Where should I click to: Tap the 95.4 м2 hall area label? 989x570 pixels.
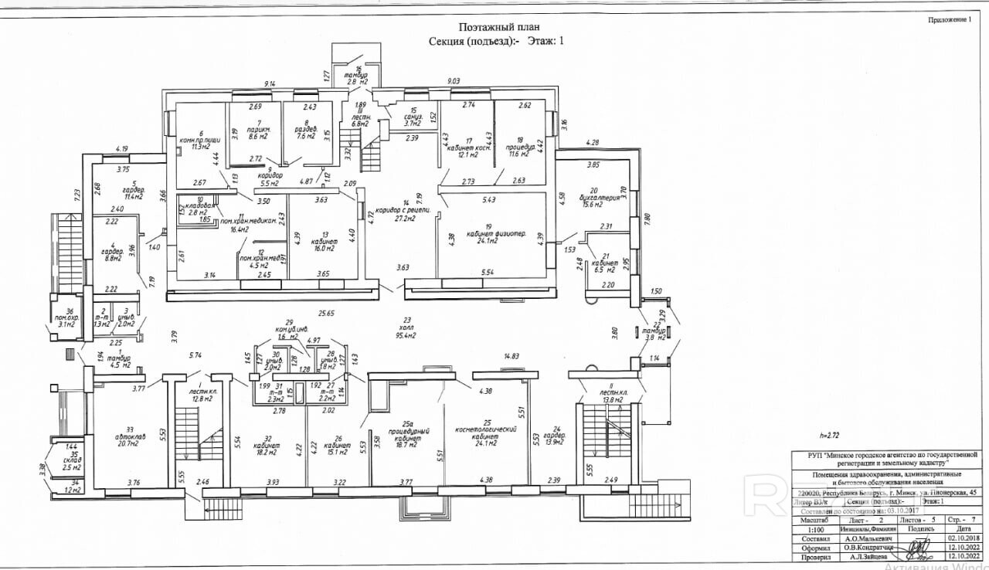[x=405, y=336]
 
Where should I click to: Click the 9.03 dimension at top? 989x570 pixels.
[x=453, y=80]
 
